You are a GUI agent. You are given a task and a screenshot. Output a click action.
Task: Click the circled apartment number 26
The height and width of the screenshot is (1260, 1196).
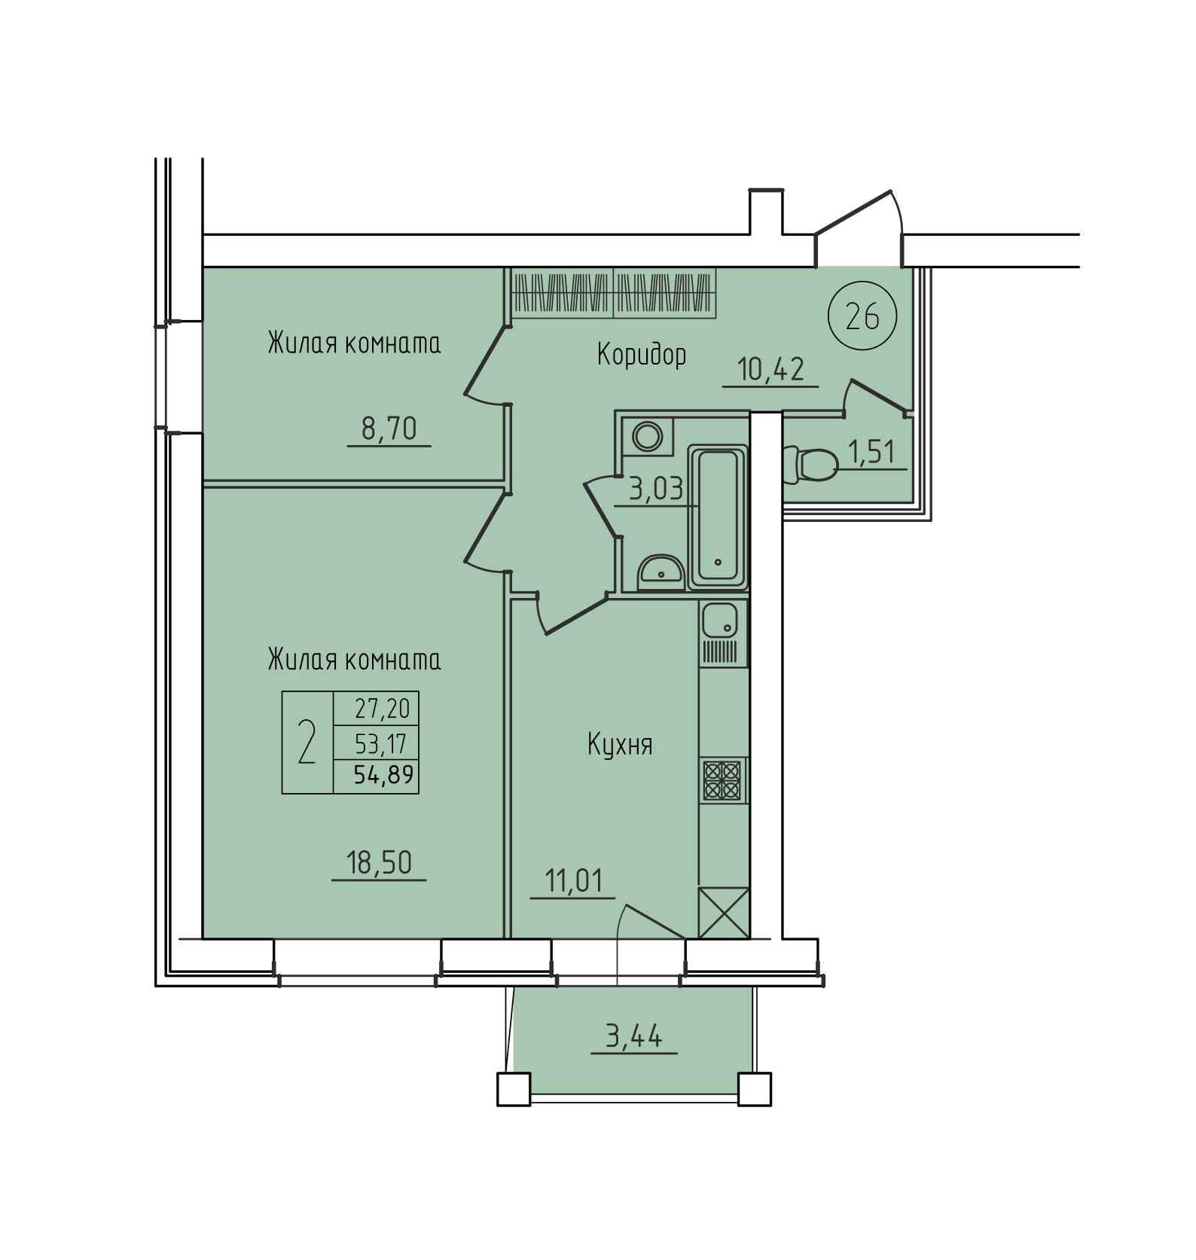coord(862,317)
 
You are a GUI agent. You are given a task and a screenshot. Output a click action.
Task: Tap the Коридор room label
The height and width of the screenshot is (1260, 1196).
coord(642,354)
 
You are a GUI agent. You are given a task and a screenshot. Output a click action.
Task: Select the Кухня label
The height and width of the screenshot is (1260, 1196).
coord(620,745)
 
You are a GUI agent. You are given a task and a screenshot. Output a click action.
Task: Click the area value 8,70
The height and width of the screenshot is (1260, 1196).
coord(389,429)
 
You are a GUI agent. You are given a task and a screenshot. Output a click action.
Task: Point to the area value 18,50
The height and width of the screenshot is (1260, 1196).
coord(379,862)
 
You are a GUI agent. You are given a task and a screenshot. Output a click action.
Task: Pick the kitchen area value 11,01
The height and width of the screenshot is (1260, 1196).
coord(573,880)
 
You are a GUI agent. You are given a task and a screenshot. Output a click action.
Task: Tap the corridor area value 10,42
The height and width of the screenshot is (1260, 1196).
coord(771,369)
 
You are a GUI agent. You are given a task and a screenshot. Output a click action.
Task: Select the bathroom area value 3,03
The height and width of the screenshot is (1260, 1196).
coord(656,490)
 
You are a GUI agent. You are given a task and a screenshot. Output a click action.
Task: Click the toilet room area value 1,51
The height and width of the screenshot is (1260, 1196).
coord(872,452)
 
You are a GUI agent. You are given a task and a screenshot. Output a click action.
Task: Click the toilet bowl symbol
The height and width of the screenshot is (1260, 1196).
coord(810,465)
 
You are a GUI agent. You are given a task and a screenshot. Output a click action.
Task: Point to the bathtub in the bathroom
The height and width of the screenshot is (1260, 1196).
coord(718,516)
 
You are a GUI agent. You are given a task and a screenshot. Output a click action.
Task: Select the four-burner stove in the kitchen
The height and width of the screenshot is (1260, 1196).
coord(722,780)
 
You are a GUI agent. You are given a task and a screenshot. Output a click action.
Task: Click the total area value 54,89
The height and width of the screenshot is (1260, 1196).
coord(384,775)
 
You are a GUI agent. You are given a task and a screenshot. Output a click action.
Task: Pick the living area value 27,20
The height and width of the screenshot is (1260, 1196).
coord(383,709)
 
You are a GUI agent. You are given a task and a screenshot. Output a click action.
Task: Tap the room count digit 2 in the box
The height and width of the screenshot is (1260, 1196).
coord(307,742)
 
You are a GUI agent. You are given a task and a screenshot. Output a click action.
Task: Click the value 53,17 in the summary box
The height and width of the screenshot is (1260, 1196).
coord(381,744)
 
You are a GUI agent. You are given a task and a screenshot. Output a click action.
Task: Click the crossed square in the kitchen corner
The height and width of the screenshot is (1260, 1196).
coord(724,913)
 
